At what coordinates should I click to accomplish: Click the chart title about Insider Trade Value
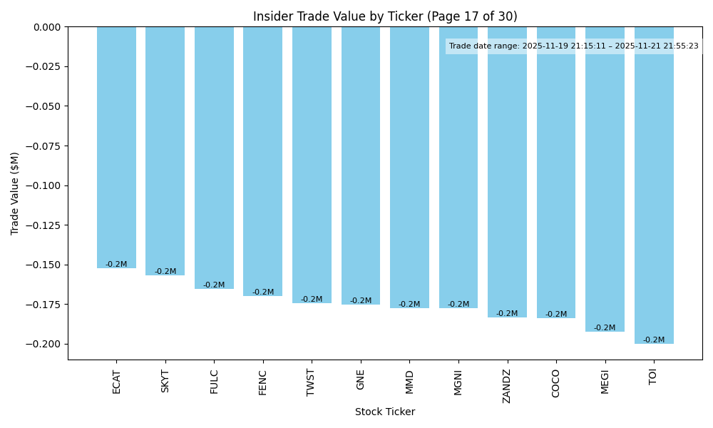click(x=385, y=16)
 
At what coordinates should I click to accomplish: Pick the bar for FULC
click(x=214, y=158)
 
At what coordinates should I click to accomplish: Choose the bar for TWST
click(x=312, y=165)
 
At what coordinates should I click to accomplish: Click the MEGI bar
click(x=605, y=179)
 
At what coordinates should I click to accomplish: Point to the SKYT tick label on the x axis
click(x=165, y=381)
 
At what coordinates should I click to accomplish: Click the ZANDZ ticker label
click(x=507, y=386)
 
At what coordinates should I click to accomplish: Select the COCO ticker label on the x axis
click(x=556, y=383)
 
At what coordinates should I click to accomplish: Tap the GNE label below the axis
click(x=361, y=379)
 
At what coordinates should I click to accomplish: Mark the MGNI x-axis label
click(x=458, y=382)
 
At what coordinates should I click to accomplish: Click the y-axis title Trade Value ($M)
click(x=15, y=193)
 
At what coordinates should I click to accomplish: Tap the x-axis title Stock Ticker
click(x=385, y=412)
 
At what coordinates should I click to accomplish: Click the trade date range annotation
click(x=574, y=46)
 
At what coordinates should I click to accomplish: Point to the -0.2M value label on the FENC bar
click(x=263, y=292)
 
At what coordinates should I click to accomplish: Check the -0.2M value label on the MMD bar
click(x=409, y=305)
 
